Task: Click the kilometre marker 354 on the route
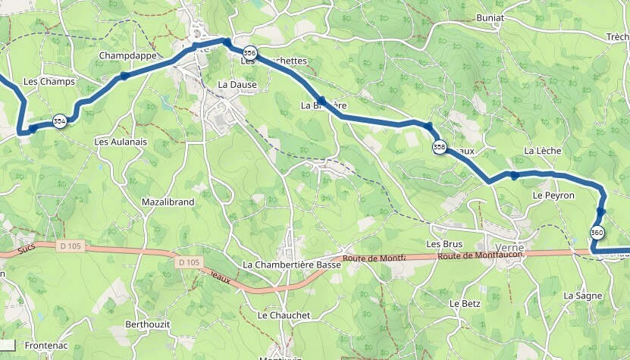(x=59, y=121)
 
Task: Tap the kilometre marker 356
(x=251, y=53)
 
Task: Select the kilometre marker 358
(x=439, y=147)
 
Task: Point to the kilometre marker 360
(x=597, y=233)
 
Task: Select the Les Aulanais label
(x=120, y=142)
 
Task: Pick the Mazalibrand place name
(x=168, y=202)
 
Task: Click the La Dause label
(x=237, y=85)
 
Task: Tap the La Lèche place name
(x=543, y=151)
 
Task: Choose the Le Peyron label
(x=553, y=196)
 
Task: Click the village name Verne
(x=509, y=248)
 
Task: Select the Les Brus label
(x=444, y=244)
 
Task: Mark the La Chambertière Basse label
(x=291, y=265)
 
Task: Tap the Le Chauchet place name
(x=284, y=315)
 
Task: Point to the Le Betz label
(x=465, y=303)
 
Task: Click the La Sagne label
(x=582, y=296)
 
